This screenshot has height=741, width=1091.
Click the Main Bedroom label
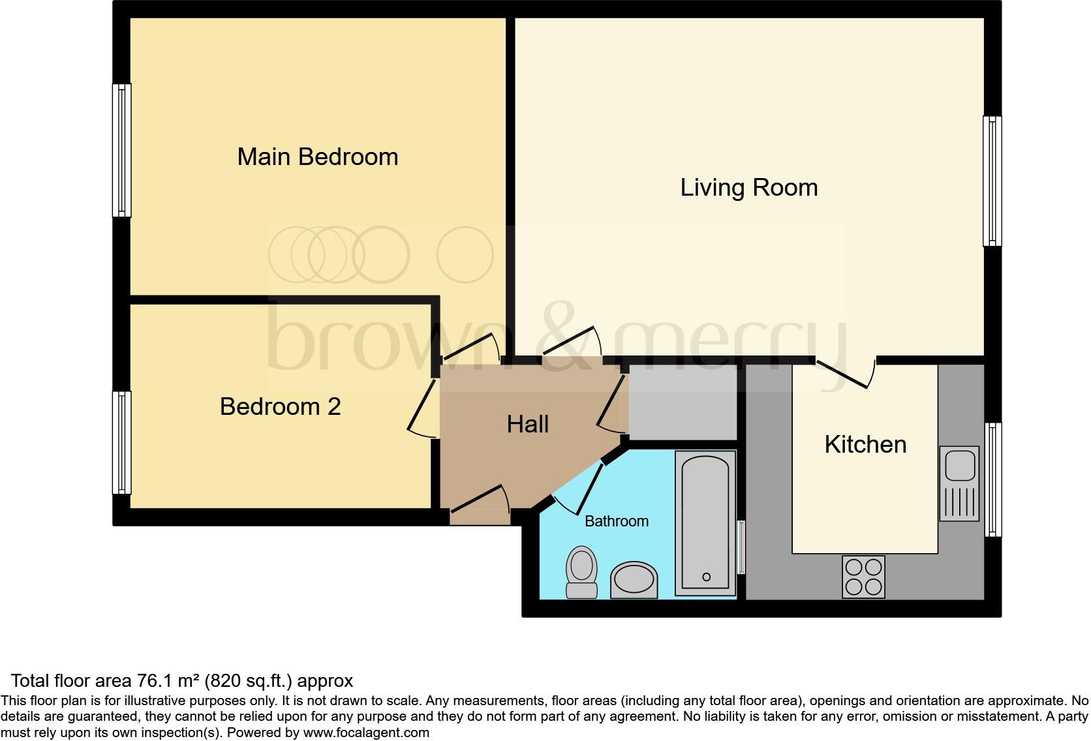317,157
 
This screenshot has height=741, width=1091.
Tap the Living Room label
748,188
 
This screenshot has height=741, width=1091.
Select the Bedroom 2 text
280,407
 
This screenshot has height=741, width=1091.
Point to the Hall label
527,425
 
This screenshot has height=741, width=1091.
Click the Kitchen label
865,445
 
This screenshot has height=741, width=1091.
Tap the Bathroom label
616,521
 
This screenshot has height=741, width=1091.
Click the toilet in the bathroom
581,572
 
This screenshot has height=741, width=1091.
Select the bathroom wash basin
634,580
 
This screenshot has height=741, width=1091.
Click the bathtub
705,522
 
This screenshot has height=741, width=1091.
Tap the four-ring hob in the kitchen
863,577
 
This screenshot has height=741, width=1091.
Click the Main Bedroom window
121,150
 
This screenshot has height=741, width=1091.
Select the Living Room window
992,181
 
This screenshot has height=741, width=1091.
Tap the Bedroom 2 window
121,442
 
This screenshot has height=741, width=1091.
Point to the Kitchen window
992,479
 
